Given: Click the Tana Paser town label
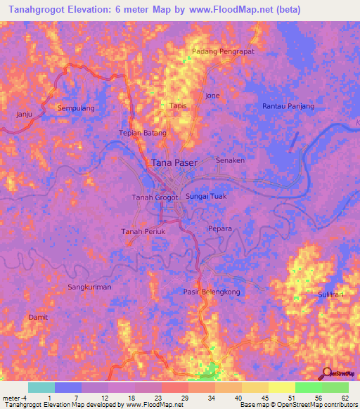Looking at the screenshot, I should (175, 162).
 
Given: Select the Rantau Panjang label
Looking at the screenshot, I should (288, 105).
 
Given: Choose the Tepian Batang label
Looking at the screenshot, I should (142, 133).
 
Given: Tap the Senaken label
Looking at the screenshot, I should (230, 160).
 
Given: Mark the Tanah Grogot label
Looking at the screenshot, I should (155, 197).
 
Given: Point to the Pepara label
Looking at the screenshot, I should (219, 228).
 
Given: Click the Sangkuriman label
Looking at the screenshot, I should (89, 287).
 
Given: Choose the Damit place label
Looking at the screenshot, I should (37, 317).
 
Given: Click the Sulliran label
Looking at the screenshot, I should (330, 294).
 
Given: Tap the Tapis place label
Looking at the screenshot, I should (177, 105).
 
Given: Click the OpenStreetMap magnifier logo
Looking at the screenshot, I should (327, 375).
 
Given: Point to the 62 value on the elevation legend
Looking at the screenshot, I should (345, 398).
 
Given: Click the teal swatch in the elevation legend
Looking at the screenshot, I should (41, 387).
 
